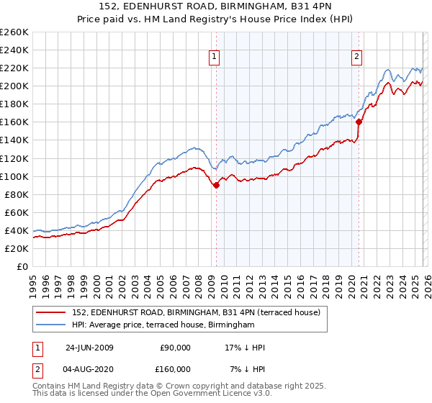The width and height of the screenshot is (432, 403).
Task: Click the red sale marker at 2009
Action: coord(216,185)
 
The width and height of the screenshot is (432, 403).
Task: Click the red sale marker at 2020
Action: coord(358,122)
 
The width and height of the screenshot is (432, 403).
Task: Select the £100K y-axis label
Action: coord(15,176)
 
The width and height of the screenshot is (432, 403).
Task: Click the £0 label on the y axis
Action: coord(22,266)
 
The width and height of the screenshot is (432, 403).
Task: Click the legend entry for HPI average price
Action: coord(162,325)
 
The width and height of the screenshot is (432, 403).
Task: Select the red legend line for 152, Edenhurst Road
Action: coord(52,312)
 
